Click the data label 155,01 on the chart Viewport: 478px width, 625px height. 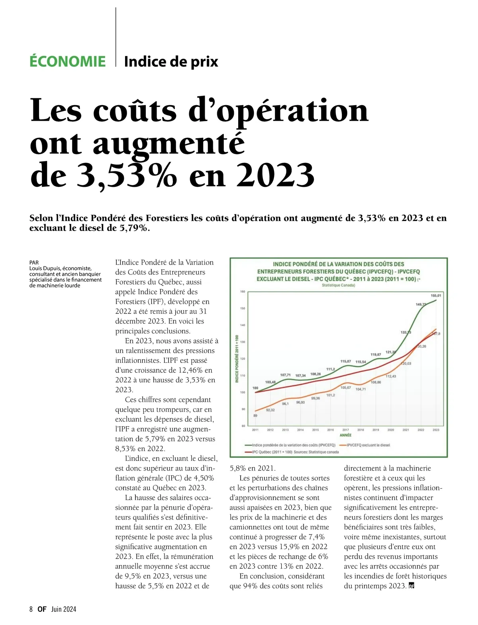coord(435,296)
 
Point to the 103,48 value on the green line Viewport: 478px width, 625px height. coord(270,382)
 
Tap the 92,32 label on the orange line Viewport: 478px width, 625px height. coord(270,410)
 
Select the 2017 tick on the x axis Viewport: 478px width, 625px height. coord(345,430)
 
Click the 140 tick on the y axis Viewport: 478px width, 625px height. coord(243,325)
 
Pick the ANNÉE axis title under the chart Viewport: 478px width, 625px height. coord(345,435)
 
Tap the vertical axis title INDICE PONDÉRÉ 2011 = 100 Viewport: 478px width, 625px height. coord(237,359)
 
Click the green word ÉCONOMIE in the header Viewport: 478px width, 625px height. coord(68,62)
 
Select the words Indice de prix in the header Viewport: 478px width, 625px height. coord(171,62)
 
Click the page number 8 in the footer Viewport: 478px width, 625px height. coord(31,609)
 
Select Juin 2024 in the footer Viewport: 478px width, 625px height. coord(63,609)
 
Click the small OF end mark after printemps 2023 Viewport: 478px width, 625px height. coord(411,586)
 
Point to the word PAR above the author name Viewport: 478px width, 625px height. coord(34,263)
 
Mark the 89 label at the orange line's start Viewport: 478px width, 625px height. coord(255,415)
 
